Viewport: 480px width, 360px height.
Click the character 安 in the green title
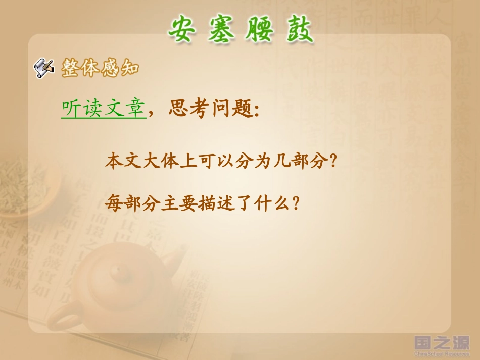click(x=182, y=29)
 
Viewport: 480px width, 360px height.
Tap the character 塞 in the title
click(x=220, y=29)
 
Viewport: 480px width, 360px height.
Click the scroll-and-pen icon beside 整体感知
click(x=44, y=67)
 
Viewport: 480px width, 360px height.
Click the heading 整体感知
click(x=100, y=68)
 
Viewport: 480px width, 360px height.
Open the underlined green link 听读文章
click(x=103, y=109)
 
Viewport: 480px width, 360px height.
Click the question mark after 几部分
click(x=332, y=163)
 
